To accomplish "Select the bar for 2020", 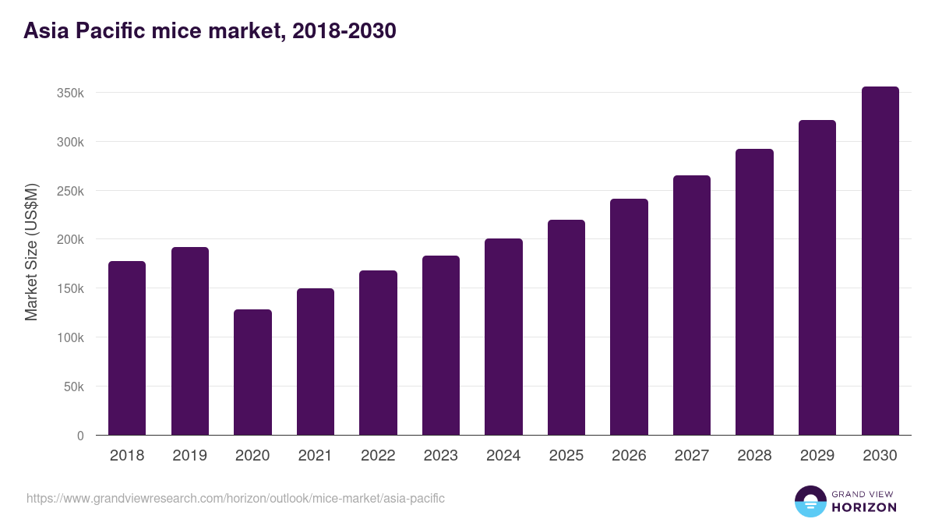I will coord(252,372).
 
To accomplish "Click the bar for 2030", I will coord(880,261).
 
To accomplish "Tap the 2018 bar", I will coord(127,348).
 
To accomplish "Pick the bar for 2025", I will coord(566,327).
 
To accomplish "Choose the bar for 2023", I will coord(441,345).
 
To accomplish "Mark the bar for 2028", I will coord(754,292).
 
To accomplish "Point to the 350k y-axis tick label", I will coord(70,93).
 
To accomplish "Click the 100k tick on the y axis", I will coord(70,337).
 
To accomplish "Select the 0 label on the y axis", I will coord(79,436).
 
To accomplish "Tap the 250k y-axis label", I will coord(70,191).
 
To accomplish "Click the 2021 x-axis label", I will coord(316,456).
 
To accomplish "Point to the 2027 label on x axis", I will coord(692,456).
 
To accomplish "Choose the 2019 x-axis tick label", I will coord(190,456).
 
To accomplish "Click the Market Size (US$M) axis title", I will coord(31,252).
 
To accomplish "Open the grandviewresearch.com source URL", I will coord(235,498).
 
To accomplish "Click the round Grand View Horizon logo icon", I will coord(810,501).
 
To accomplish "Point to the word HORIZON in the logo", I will coord(864,507).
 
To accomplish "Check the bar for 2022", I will coord(378,353).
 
